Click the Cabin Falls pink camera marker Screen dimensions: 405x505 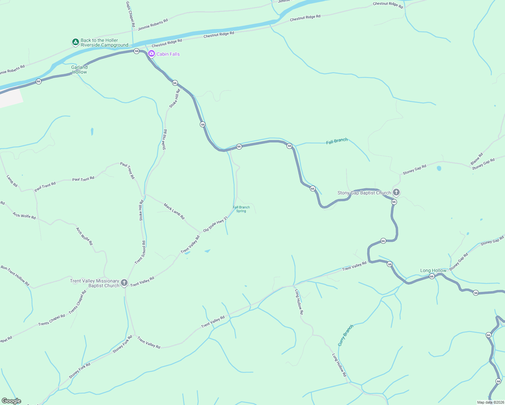152,54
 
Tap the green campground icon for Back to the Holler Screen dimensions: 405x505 76,42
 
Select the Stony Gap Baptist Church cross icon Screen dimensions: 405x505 396,192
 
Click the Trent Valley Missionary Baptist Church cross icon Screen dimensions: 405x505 124,283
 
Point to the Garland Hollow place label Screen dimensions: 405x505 79,70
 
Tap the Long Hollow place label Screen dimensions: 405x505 433,270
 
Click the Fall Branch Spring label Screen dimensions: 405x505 241,209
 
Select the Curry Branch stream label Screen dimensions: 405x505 346,335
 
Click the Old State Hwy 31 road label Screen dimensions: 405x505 215,224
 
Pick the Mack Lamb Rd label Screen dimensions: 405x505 174,211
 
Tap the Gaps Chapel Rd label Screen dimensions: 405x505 130,14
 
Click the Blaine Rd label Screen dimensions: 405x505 477,159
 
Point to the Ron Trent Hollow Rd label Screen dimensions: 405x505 15,276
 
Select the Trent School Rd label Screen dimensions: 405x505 140,252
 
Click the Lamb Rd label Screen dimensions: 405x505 12,181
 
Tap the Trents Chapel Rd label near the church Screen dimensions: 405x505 78,302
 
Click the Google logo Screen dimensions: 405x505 11,401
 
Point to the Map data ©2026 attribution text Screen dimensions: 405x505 490,402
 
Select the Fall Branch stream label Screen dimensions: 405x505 337,141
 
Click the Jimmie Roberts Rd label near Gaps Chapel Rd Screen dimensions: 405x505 153,25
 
